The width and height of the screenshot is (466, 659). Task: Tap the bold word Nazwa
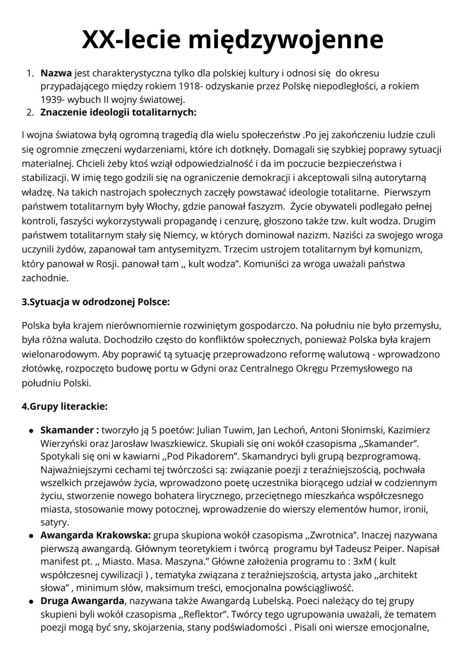tap(56, 73)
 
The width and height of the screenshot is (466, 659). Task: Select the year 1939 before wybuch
tap(52, 99)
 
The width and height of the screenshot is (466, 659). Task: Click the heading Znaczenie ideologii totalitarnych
tap(118, 113)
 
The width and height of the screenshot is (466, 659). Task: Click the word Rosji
tap(106, 264)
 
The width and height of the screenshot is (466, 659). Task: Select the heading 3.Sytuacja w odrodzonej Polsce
tap(96, 302)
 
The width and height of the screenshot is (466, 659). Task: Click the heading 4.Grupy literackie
tap(65, 407)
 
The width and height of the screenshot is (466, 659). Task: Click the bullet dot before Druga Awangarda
tap(31, 602)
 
